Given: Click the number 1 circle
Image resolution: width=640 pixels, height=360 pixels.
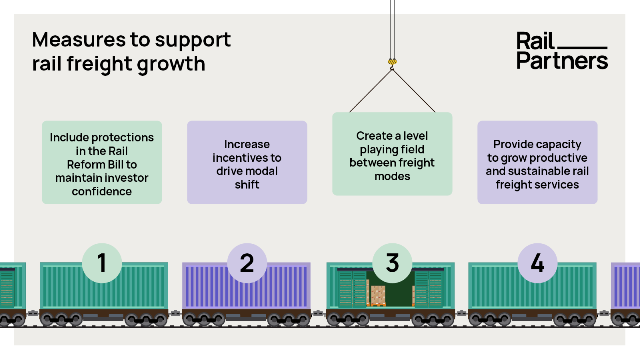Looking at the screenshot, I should pyautogui.click(x=102, y=263).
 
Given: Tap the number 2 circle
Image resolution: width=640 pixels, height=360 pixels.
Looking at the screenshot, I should pyautogui.click(x=247, y=263).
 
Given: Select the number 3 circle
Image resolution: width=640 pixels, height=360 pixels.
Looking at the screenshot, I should pyautogui.click(x=392, y=263).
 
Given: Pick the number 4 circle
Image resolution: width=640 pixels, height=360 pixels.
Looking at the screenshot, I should pyautogui.click(x=537, y=263).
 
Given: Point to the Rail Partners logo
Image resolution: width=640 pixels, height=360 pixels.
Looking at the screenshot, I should pyautogui.click(x=562, y=50).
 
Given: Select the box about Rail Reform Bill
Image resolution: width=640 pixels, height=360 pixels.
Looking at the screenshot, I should pyautogui.click(x=102, y=162).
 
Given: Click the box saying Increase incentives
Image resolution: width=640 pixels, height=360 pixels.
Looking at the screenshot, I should pyautogui.click(x=247, y=162).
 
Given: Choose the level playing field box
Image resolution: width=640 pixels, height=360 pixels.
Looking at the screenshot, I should pyautogui.click(x=392, y=154).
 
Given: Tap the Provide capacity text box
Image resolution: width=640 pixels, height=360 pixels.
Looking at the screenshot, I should pyautogui.click(x=537, y=162).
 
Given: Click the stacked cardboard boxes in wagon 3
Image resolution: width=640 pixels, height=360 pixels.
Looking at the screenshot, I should pyautogui.click(x=378, y=295).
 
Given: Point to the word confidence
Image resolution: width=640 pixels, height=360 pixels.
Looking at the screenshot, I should pyautogui.click(x=102, y=191).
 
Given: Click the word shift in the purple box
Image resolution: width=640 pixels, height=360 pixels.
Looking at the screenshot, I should pyautogui.click(x=247, y=185).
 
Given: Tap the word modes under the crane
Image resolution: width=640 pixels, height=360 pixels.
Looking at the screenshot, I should pyautogui.click(x=392, y=176).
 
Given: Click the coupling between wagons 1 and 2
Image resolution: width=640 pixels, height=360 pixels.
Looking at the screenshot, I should pyautogui.click(x=175, y=313).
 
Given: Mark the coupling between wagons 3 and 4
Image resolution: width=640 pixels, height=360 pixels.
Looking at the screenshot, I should pyautogui.click(x=461, y=313).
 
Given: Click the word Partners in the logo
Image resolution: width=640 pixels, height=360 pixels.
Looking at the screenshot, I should pyautogui.click(x=562, y=61).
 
